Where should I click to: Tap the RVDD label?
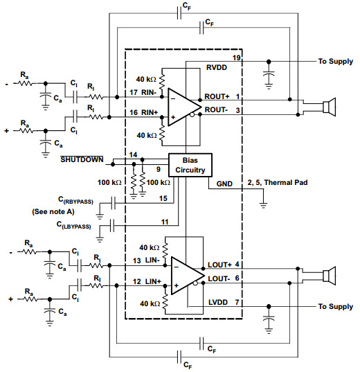(217, 68)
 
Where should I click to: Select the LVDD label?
(218, 302)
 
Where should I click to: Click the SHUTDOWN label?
(82, 159)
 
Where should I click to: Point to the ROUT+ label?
(217, 96)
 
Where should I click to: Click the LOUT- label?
(219, 278)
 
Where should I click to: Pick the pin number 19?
(236, 57)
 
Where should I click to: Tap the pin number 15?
(163, 198)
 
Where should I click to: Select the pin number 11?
(165, 222)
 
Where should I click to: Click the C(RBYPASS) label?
(75, 200)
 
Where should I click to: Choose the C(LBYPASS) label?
(74, 225)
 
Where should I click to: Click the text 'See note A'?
(53, 211)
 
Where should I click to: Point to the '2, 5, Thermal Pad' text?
(278, 182)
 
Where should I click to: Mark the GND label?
(224, 184)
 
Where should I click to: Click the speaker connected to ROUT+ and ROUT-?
(329, 107)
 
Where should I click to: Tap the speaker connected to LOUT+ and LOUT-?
(329, 276)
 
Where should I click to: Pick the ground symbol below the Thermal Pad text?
(263, 205)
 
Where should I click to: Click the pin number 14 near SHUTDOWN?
(133, 154)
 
